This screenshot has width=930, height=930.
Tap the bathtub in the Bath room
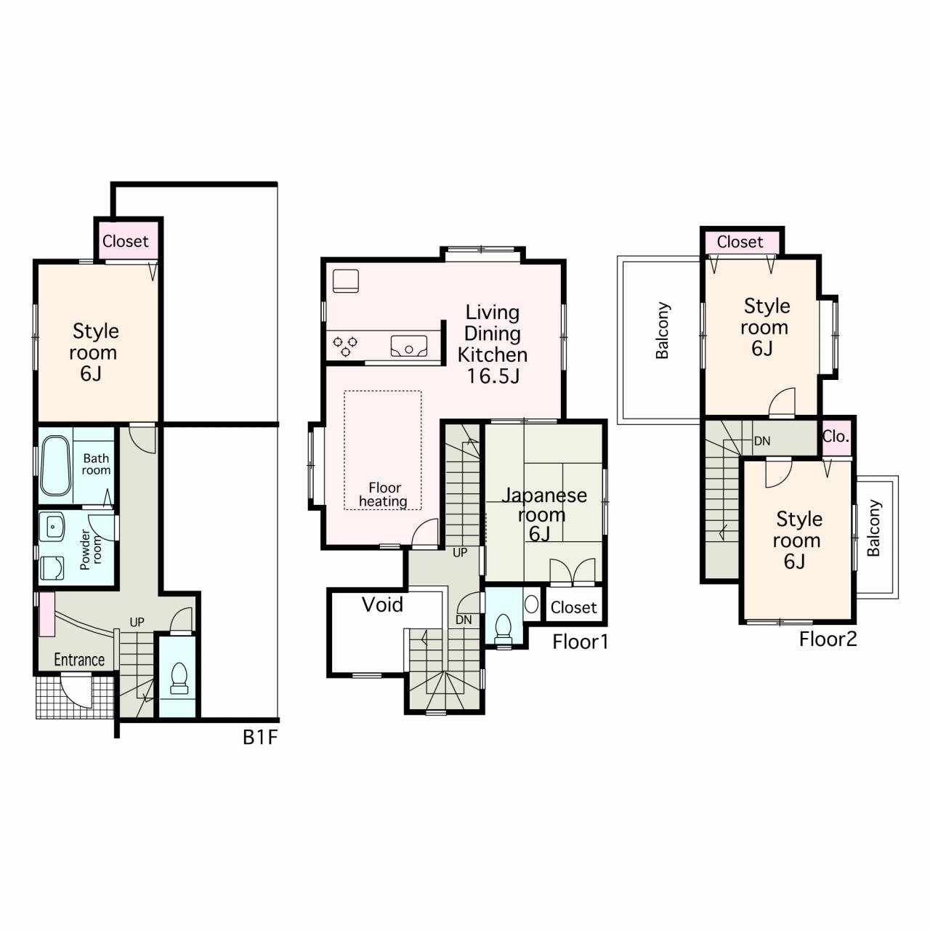55,465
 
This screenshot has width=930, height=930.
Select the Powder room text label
92,549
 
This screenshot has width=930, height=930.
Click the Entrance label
79,660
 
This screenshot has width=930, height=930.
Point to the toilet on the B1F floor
179,678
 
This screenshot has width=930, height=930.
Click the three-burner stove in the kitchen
345,346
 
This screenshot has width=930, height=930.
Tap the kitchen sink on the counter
409,346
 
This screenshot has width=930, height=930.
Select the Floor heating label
384,494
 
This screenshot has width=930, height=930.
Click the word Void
382,604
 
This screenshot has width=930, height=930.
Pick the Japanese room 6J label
543,514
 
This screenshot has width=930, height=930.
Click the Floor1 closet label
573,607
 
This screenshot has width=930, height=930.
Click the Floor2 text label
828,639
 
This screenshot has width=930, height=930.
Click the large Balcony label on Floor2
662,331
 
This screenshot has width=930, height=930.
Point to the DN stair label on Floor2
762,440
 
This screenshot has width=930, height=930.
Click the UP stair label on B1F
137,622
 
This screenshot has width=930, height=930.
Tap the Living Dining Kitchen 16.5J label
493,344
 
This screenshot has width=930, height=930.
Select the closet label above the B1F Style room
126,240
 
